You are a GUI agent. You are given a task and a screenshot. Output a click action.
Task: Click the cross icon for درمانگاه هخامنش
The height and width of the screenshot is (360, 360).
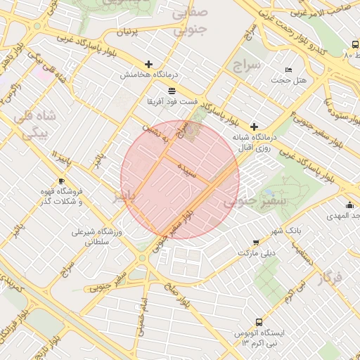(x=148, y=64)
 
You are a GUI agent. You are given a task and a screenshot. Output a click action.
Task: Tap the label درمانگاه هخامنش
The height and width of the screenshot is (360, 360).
(x=147, y=75)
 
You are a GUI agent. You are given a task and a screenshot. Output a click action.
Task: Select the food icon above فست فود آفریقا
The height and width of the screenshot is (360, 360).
(x=172, y=91)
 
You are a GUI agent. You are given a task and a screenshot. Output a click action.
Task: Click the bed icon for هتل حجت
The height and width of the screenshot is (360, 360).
(x=288, y=70)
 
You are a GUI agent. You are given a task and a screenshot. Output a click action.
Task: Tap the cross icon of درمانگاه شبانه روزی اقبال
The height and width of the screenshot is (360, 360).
(x=254, y=127)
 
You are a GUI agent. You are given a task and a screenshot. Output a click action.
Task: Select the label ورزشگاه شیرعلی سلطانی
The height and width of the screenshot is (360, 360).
(x=96, y=236)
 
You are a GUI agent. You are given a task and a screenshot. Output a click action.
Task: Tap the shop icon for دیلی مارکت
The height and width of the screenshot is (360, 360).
(x=255, y=241)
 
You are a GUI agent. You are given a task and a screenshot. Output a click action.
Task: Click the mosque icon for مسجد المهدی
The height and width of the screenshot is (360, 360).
(x=349, y=205)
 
